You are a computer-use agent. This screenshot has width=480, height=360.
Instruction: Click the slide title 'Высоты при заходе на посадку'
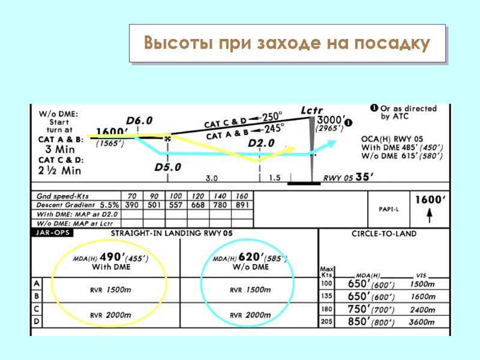[x=287, y=44]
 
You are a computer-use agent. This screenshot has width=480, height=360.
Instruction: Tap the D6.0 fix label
[x=139, y=121]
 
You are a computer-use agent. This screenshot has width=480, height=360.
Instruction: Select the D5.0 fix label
[x=168, y=167]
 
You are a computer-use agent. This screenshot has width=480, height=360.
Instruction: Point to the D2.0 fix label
[x=262, y=143]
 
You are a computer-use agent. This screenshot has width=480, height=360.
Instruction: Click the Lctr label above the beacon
[x=312, y=111]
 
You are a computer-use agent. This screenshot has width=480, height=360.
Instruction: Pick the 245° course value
[x=273, y=128]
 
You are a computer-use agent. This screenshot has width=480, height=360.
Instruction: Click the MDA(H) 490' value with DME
[x=113, y=257]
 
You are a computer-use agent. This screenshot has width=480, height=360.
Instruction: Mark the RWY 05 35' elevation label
[x=349, y=177]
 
